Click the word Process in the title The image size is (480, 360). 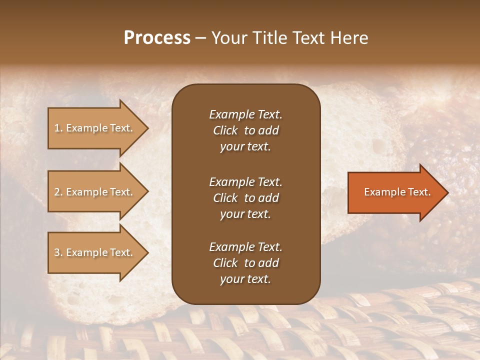click(157, 38)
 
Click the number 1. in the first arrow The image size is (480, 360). click(58, 128)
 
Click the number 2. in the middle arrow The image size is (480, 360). click(58, 192)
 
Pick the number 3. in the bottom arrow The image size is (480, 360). click(58, 252)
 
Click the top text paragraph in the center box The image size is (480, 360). click(245, 130)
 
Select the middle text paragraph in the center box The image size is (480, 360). click(245, 197)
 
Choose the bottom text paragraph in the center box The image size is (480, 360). click(245, 263)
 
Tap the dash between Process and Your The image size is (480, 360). click(201, 38)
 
